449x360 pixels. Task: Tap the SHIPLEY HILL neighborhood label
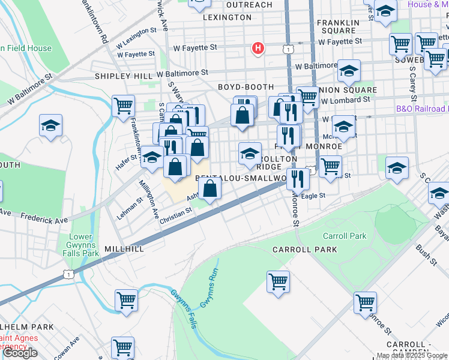click(x=124, y=77)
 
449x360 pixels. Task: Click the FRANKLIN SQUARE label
click(x=337, y=26)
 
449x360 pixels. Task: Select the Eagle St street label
click(x=313, y=196)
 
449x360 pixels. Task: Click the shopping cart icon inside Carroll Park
click(x=279, y=281)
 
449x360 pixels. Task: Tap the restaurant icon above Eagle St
click(x=297, y=178)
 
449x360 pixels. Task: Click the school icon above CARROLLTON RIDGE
click(x=250, y=154)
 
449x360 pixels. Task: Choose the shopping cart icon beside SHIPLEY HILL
click(x=123, y=106)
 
